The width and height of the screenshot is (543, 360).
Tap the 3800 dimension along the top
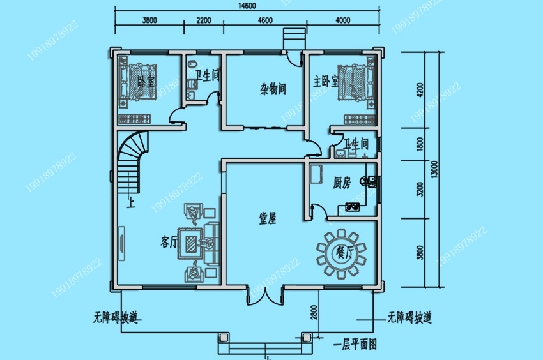click(x=149, y=20)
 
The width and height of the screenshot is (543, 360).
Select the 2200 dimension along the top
click(x=204, y=20)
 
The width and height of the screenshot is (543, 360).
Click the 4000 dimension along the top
click(x=342, y=20)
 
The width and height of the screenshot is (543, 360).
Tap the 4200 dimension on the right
click(x=420, y=89)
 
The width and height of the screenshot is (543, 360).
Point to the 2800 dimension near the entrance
click(x=314, y=313)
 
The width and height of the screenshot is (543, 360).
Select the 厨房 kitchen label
click(x=342, y=183)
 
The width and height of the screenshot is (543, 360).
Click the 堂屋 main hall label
click(x=268, y=218)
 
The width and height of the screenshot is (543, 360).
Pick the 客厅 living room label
click(x=169, y=242)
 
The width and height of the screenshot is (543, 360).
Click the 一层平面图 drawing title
click(x=356, y=345)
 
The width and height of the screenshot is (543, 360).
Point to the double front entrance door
click(x=268, y=295)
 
